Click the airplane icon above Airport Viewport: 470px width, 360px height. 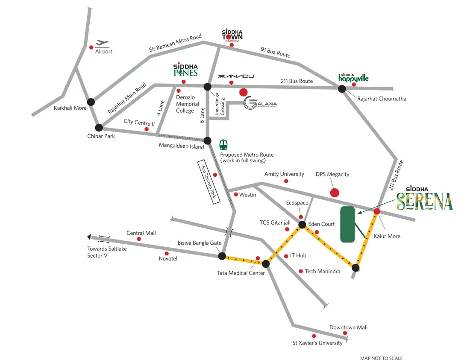(x=103, y=43)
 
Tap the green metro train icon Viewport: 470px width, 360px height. (x=223, y=144)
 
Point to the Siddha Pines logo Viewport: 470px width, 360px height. (x=185, y=70)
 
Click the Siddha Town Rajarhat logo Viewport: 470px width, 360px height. (x=232, y=35)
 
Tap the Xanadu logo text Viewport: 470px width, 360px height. (x=236, y=76)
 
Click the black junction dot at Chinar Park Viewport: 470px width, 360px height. (x=99, y=127)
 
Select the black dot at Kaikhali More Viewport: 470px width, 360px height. (x=91, y=102)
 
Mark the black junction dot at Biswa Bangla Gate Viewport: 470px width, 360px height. (x=222, y=256)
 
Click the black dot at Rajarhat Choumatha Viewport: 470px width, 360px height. (x=342, y=89)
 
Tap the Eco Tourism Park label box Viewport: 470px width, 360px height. (x=209, y=182)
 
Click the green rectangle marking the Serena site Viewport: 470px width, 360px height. (x=348, y=225)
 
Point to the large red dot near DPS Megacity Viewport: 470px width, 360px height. (x=335, y=193)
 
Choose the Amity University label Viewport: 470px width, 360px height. (x=284, y=174)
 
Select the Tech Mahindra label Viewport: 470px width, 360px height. (x=323, y=271)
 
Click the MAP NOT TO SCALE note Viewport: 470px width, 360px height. (x=381, y=358)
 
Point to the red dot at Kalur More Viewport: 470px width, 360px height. (x=377, y=211)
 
